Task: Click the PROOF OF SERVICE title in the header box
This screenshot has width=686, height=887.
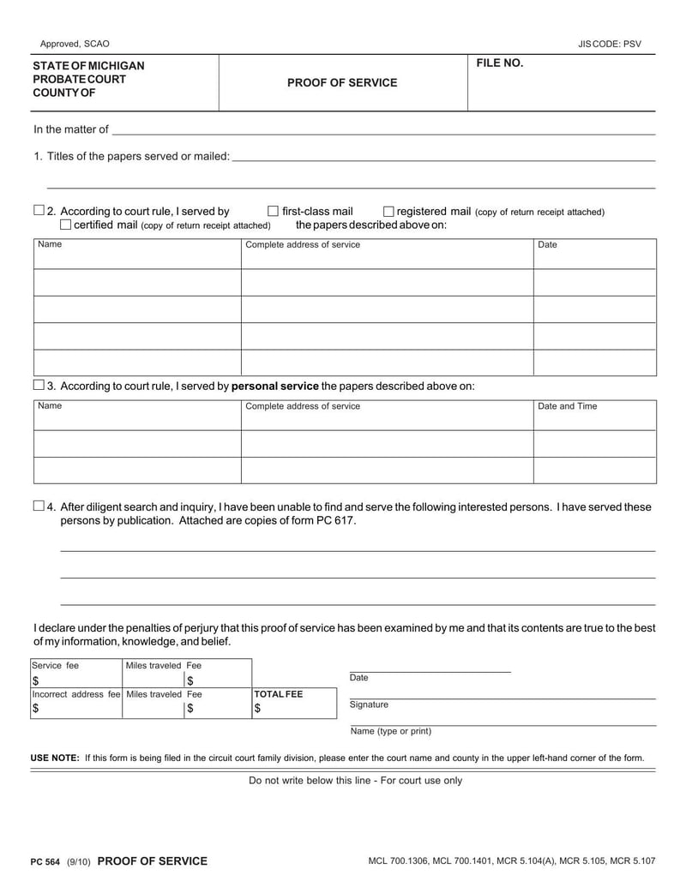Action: point(342,83)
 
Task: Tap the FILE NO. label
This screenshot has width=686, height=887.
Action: point(499,63)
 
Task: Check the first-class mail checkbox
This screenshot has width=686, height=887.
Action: point(274,211)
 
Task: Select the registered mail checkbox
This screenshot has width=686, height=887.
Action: point(388,211)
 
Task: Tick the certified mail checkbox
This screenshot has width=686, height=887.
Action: point(65,225)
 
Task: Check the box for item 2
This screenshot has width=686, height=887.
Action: point(39,211)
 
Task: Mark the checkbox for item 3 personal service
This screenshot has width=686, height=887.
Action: point(39,385)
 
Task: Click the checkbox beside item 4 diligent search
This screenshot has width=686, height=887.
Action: point(39,506)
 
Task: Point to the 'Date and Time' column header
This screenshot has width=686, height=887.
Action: point(567,406)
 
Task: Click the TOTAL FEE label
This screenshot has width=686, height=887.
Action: point(279,694)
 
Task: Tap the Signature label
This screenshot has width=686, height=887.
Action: point(369,704)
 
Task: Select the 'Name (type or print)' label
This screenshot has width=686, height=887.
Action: point(390,731)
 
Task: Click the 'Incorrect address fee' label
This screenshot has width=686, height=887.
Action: point(76,693)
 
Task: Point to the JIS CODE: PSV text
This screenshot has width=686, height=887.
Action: point(610,44)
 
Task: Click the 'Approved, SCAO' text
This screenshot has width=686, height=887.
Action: point(75,44)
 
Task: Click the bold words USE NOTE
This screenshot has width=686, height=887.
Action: point(55,758)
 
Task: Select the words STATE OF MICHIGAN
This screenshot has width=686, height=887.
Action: point(88,67)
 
